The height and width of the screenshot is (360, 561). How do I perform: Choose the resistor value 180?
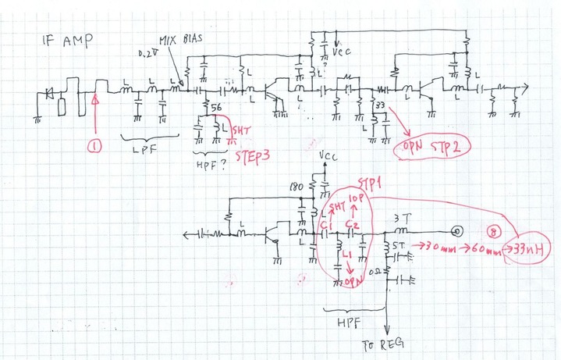pyautogui.click(x=295, y=188)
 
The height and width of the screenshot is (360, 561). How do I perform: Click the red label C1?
pyautogui.click(x=326, y=226)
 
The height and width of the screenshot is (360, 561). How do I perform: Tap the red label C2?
pyautogui.click(x=353, y=226)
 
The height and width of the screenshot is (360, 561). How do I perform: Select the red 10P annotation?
pyautogui.click(x=357, y=201)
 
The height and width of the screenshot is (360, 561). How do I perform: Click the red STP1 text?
pyautogui.click(x=369, y=184)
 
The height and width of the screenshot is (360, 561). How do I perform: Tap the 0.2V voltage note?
pyautogui.click(x=146, y=54)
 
